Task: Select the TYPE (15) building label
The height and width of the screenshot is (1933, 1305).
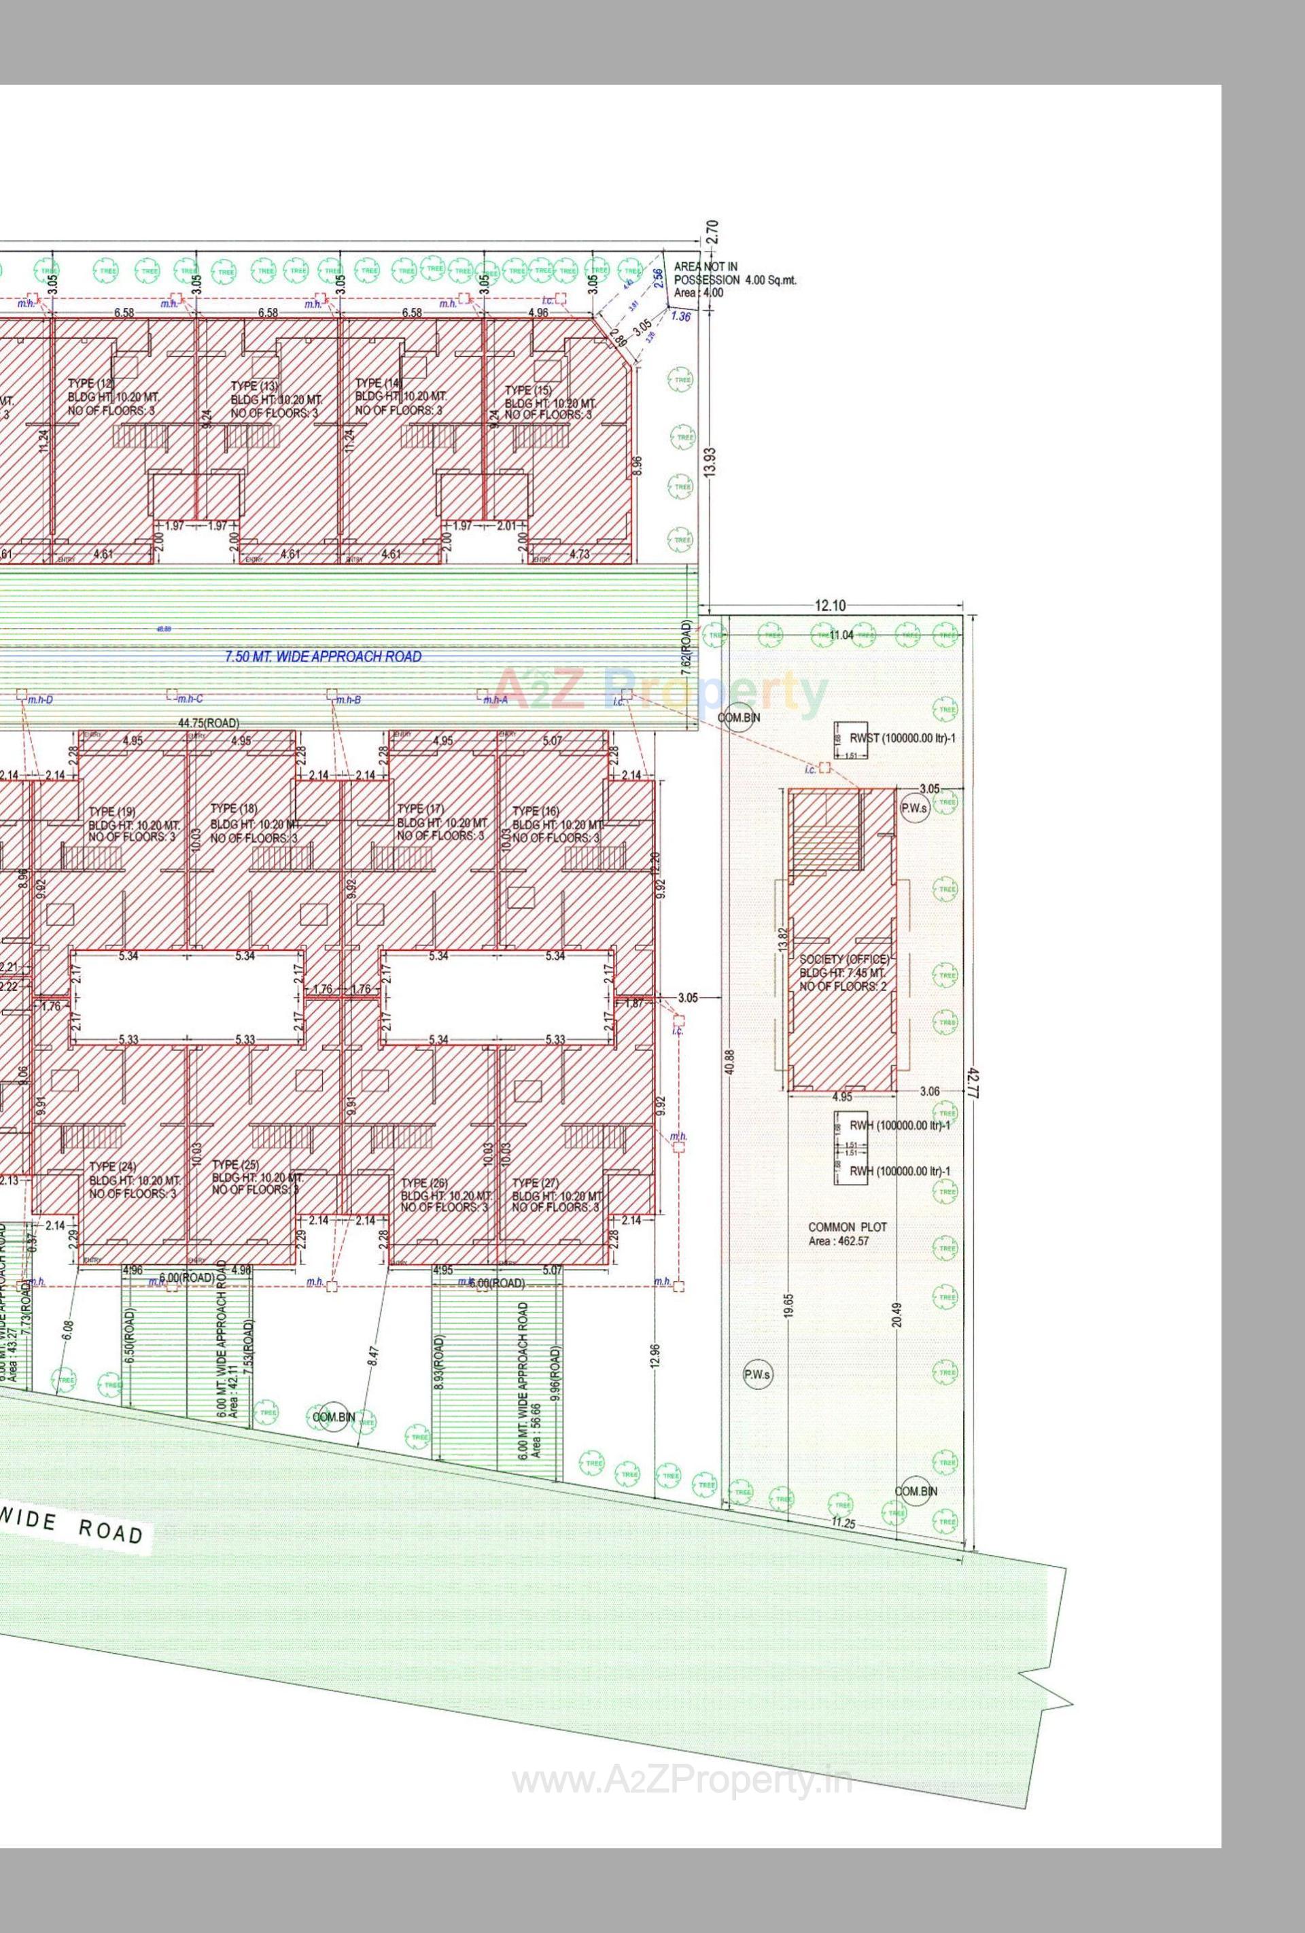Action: click(x=527, y=390)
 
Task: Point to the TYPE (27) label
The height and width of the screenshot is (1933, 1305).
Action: click(x=536, y=1183)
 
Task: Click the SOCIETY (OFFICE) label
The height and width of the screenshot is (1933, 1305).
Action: click(x=844, y=959)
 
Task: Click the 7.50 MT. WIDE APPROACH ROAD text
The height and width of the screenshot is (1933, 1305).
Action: click(x=323, y=657)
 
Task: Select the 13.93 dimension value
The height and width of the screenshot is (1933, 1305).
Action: click(x=709, y=458)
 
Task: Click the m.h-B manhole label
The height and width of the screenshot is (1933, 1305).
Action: click(x=349, y=700)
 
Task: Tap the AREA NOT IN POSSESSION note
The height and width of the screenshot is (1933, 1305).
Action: click(x=735, y=273)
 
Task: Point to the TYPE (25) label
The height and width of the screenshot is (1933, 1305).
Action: click(x=235, y=1164)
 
